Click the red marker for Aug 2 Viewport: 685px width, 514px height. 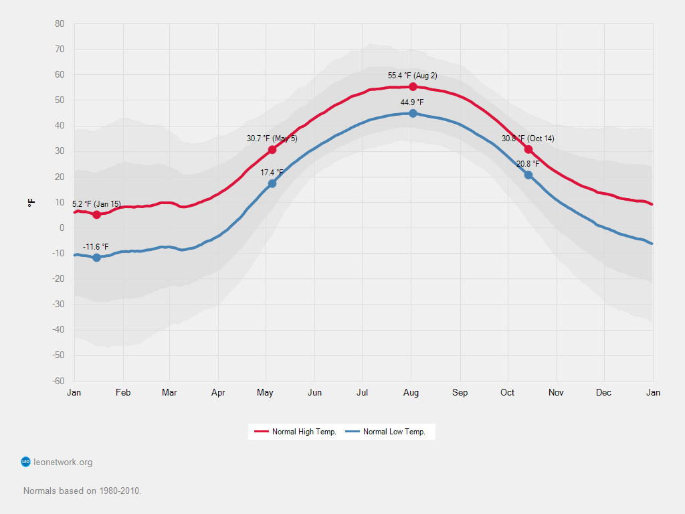point(413,87)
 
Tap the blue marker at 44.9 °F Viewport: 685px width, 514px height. point(413,114)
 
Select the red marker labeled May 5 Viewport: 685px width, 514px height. point(272,150)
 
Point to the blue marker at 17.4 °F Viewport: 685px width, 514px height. point(272,183)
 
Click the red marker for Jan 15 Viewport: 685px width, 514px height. point(97,215)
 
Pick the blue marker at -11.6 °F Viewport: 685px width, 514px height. point(97,258)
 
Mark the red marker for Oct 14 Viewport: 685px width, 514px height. point(528,149)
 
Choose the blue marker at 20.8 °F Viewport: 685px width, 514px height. point(528,175)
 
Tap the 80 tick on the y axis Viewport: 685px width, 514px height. point(60,24)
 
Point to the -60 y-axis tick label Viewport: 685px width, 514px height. point(58,381)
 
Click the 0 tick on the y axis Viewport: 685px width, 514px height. point(62,228)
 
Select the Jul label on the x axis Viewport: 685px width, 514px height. point(363,393)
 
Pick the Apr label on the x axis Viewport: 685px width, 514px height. point(218,393)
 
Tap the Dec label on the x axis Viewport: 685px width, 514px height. point(604,393)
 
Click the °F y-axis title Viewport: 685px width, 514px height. point(31,202)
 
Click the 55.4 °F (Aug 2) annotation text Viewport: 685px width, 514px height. point(413,76)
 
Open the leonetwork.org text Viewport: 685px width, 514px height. point(63,462)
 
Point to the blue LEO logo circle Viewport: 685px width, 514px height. point(26,462)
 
